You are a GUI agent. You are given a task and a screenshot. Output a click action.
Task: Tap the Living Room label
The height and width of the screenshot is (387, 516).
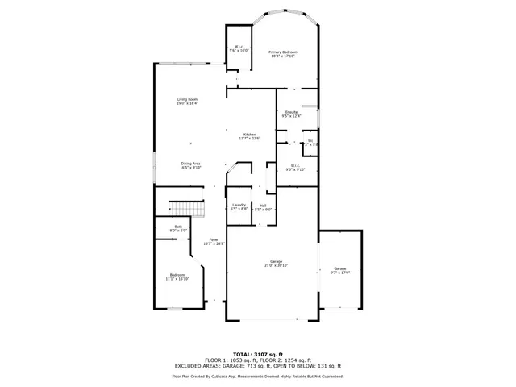click(x=188, y=101)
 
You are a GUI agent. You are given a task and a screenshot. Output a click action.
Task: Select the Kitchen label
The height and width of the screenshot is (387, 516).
click(x=250, y=135)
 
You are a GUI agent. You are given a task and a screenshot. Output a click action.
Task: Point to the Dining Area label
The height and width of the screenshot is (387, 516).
click(x=190, y=164)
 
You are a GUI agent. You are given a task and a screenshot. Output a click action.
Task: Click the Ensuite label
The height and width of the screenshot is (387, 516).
click(x=290, y=114)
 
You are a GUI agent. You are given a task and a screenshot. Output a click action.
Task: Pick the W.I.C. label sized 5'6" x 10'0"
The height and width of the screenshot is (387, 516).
click(x=239, y=48)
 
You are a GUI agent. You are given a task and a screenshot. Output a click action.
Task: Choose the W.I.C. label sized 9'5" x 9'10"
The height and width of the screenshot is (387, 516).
click(x=295, y=167)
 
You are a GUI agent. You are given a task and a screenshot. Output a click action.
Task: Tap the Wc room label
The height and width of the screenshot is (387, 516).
click(x=310, y=142)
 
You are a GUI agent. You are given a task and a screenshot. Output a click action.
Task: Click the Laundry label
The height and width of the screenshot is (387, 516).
click(x=239, y=206)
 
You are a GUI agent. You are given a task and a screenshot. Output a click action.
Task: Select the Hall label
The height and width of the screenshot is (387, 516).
click(x=263, y=206)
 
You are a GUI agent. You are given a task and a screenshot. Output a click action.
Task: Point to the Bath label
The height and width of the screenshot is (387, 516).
click(x=178, y=228)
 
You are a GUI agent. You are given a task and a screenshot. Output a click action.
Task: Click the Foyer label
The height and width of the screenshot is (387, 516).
click(x=214, y=240)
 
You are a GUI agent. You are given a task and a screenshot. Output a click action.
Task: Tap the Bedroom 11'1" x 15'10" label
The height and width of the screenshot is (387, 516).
click(x=177, y=276)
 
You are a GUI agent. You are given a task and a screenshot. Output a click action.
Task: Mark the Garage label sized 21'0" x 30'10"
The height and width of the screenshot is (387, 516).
click(x=276, y=262)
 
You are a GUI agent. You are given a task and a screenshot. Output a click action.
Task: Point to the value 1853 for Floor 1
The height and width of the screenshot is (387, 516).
click(x=234, y=360)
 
